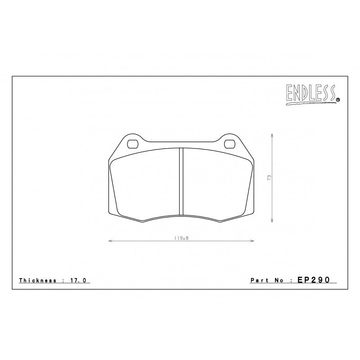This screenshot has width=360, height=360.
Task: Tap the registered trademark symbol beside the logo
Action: coord(338,99)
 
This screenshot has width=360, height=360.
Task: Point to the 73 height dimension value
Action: coord(269,178)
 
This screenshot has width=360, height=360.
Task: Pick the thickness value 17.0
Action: coord(78,280)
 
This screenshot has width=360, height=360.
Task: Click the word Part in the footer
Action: coord(259,280)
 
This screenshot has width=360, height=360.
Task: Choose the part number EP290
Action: coord(314,279)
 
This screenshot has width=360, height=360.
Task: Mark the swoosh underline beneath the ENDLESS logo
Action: coord(310,103)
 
